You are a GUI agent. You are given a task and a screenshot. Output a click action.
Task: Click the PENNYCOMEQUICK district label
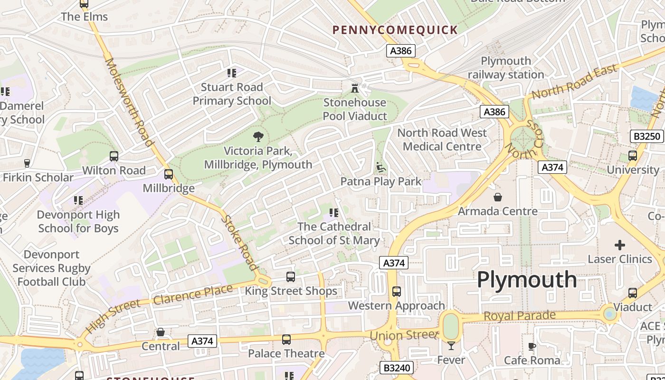395,30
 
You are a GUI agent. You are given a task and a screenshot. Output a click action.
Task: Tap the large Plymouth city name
527,279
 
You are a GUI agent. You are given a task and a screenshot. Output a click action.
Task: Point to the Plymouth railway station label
506,68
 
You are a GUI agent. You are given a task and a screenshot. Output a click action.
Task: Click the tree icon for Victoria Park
258,137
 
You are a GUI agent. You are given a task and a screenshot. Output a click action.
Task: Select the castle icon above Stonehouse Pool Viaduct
354,88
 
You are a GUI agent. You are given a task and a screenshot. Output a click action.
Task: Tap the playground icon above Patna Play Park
381,167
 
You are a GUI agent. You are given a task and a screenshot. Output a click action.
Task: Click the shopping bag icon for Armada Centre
498,197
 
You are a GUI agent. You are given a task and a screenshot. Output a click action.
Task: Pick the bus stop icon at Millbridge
169,174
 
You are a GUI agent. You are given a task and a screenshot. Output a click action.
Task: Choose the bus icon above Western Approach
397,292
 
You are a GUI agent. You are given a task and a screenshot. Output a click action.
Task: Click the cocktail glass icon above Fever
451,346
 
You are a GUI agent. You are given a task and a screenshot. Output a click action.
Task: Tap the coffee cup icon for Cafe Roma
532,346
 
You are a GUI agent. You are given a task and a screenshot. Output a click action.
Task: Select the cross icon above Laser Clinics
620,245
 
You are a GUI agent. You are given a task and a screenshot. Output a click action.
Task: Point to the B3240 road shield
397,368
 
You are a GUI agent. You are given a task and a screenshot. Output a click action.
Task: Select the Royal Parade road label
520,316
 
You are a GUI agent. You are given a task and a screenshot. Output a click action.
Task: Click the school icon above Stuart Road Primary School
232,73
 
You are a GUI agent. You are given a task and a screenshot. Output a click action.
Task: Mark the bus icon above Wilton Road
114,156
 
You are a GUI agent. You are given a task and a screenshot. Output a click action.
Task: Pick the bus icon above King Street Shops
291,277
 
